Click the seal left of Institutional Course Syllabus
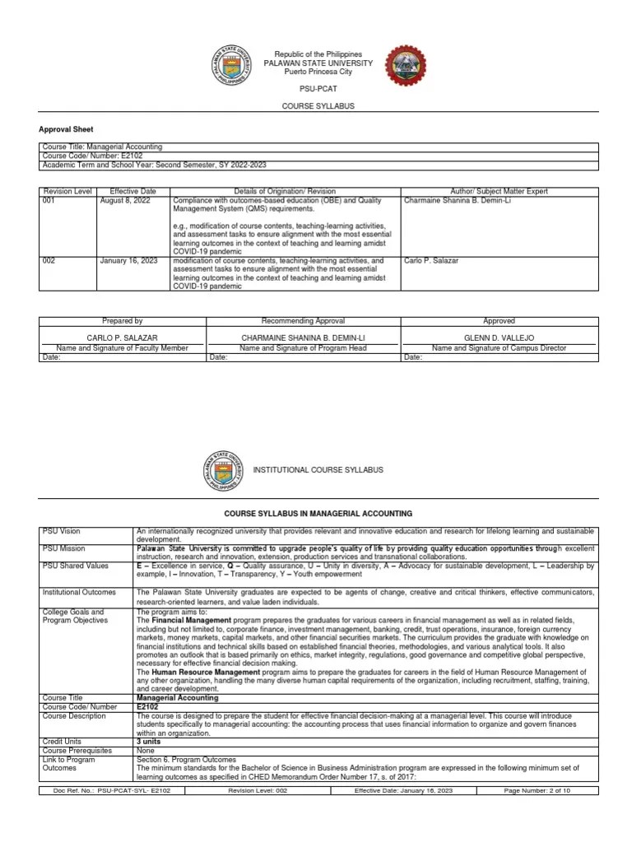pyautogui.click(x=225, y=470)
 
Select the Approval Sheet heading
pyautogui.click(x=67, y=129)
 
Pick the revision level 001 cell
pyautogui.click(x=50, y=200)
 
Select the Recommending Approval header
pyautogui.click(x=303, y=321)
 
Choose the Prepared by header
pyautogui.click(x=122, y=321)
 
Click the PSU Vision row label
pyautogui.click(x=62, y=531)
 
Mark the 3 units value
pyautogui.click(x=150, y=742)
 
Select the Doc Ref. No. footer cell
pyautogui.click(x=111, y=791)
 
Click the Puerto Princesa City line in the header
pyautogui.click(x=317, y=72)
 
